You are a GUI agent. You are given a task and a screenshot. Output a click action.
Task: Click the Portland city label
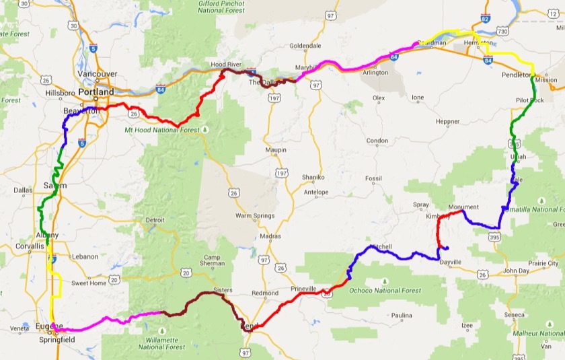96,92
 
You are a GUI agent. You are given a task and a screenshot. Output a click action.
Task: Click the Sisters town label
223,290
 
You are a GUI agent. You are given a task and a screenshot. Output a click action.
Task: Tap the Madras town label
270,236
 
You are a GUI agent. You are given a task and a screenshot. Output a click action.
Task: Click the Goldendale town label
306,46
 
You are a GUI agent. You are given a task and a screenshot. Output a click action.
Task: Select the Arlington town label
375,73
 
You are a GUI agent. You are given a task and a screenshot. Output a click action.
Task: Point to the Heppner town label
447,122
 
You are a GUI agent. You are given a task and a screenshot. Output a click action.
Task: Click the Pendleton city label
516,75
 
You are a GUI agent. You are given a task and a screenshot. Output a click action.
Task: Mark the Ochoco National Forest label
386,291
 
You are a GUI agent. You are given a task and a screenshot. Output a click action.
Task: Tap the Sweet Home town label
89,283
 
